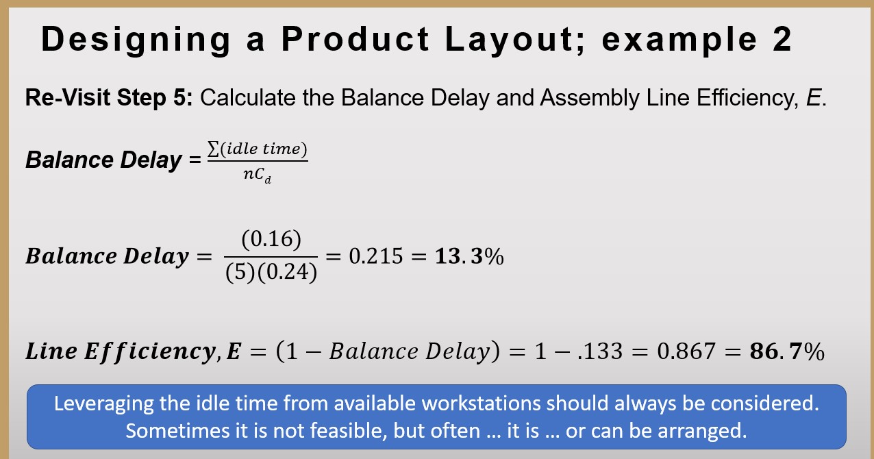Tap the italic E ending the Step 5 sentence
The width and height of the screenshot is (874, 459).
[x=813, y=98]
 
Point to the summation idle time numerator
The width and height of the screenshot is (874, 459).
[x=258, y=149]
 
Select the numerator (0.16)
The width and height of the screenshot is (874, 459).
[x=271, y=239]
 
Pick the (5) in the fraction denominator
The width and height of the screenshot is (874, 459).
[x=239, y=273]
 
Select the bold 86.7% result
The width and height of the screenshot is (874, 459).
[x=788, y=351]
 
